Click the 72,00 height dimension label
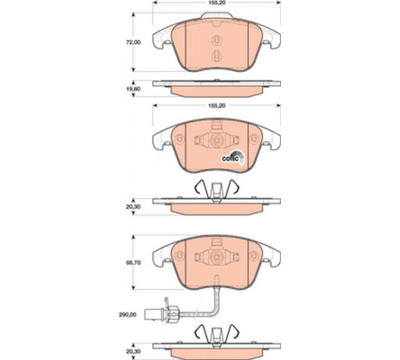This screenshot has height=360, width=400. point(134,42)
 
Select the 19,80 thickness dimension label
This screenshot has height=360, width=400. point(134,89)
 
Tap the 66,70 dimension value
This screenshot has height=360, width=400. point(134,262)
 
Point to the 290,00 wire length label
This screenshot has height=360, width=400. point(127,315)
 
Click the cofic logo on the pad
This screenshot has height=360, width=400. point(233,158)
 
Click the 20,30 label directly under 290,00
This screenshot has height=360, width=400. point(134,351)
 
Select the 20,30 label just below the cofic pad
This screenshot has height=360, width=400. point(134,206)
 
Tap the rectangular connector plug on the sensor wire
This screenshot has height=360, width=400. point(150,315)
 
